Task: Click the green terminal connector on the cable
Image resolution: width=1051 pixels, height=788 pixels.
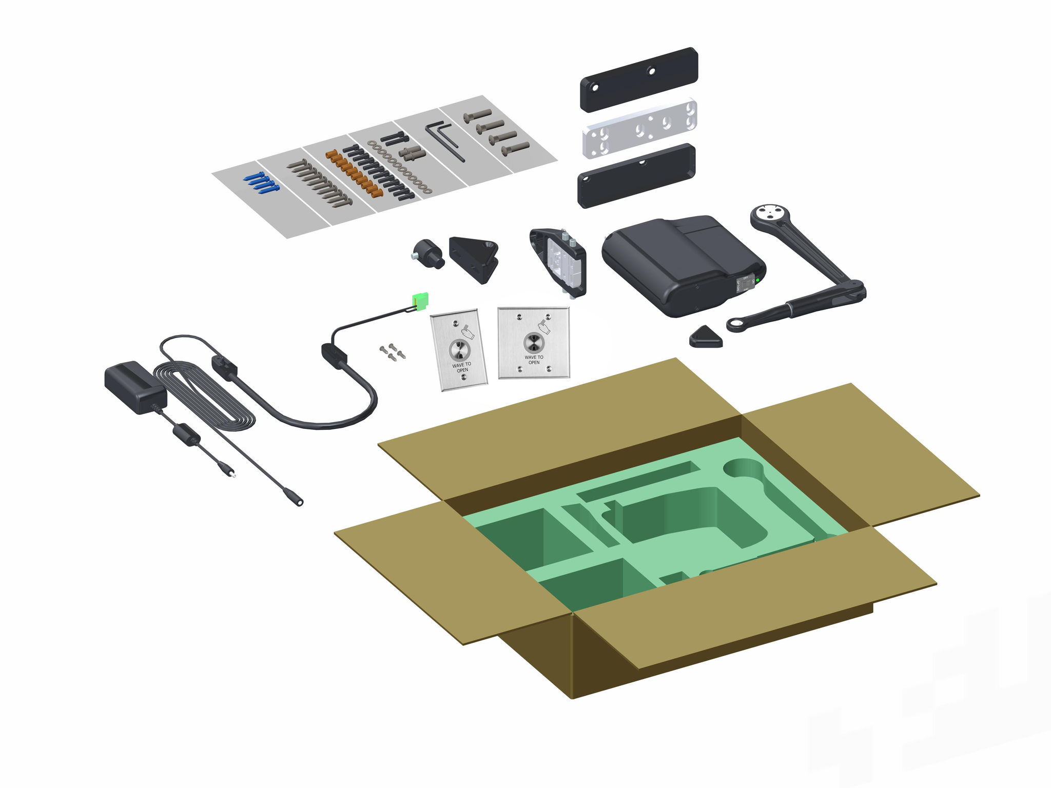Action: (420, 301)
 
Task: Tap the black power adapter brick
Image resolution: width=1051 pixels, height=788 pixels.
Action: (134, 385)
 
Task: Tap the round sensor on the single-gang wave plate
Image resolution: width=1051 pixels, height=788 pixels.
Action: (459, 350)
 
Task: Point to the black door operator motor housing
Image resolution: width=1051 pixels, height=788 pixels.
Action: (677, 262)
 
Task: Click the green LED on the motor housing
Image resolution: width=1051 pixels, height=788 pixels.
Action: (758, 280)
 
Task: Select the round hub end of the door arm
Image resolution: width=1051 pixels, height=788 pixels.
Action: (768, 214)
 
